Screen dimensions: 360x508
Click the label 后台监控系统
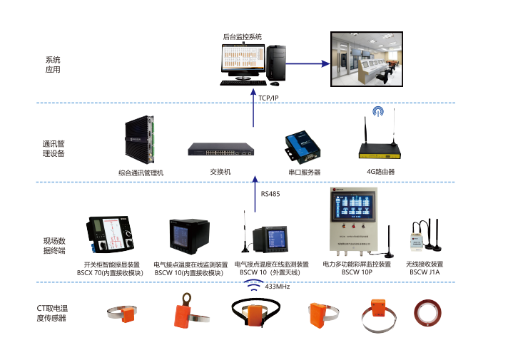242,36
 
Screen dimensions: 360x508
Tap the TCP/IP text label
268,98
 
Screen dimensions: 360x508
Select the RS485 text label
270,193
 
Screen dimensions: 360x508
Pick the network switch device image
220,149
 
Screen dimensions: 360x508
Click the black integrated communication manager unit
141,140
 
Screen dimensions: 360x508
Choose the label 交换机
220,173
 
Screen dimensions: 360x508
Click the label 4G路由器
380,173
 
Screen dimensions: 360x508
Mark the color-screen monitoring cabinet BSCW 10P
356,218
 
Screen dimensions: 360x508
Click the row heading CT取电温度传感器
51,313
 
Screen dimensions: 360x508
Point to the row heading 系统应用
53,65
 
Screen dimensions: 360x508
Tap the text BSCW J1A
425,272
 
